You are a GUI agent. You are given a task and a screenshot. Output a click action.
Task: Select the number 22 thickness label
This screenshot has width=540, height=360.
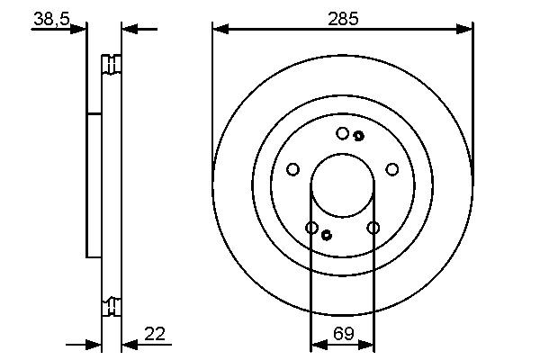click(155, 334)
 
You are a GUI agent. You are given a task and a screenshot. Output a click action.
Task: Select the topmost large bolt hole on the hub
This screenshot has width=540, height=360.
click(342, 133)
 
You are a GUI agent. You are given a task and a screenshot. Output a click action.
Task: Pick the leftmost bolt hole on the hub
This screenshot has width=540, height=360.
click(292, 169)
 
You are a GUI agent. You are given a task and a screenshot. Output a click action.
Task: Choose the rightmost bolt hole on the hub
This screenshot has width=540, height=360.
click(392, 169)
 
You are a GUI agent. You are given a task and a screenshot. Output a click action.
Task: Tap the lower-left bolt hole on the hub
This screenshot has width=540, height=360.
click(311, 228)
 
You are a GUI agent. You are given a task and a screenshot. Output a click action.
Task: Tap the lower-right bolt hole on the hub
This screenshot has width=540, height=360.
click(373, 228)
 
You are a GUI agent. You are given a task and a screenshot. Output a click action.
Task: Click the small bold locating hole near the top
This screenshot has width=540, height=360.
click(358, 136)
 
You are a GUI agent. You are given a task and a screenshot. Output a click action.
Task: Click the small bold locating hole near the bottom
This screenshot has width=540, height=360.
click(327, 235)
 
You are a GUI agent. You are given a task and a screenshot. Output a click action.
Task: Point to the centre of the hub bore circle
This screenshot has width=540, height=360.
click(342, 184)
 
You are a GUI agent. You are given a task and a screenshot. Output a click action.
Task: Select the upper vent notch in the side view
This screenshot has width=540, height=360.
click(111, 65)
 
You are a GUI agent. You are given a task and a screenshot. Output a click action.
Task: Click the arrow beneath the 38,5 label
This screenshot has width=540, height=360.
click(79, 29)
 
